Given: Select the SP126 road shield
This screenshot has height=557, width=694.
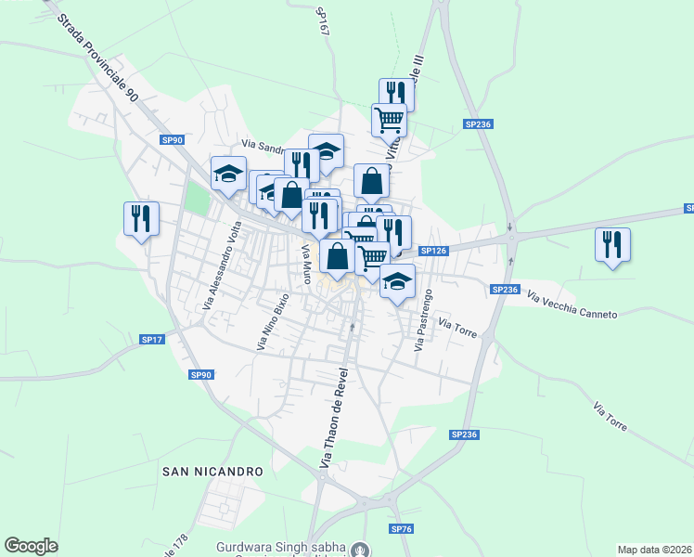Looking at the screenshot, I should [433, 251].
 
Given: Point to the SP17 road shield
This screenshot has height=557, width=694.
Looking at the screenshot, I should [152, 340].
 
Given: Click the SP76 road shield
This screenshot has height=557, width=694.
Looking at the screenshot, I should [401, 528].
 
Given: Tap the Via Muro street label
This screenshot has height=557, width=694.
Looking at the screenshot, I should [304, 264].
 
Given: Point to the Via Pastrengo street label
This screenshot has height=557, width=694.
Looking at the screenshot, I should [423, 320].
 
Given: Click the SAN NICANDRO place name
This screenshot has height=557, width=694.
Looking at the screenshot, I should [212, 472].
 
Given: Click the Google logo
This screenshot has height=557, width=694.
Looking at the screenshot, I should [31, 545].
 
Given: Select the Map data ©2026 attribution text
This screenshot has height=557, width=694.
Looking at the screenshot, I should [654, 550].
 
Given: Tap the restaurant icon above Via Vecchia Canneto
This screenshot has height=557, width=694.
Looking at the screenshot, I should [612, 245].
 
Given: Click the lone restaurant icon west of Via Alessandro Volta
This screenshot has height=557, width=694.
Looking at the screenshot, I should [141, 219].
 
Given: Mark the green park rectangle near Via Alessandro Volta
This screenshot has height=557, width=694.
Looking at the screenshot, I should [198, 197].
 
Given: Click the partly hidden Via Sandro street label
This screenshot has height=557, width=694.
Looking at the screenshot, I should [263, 145].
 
